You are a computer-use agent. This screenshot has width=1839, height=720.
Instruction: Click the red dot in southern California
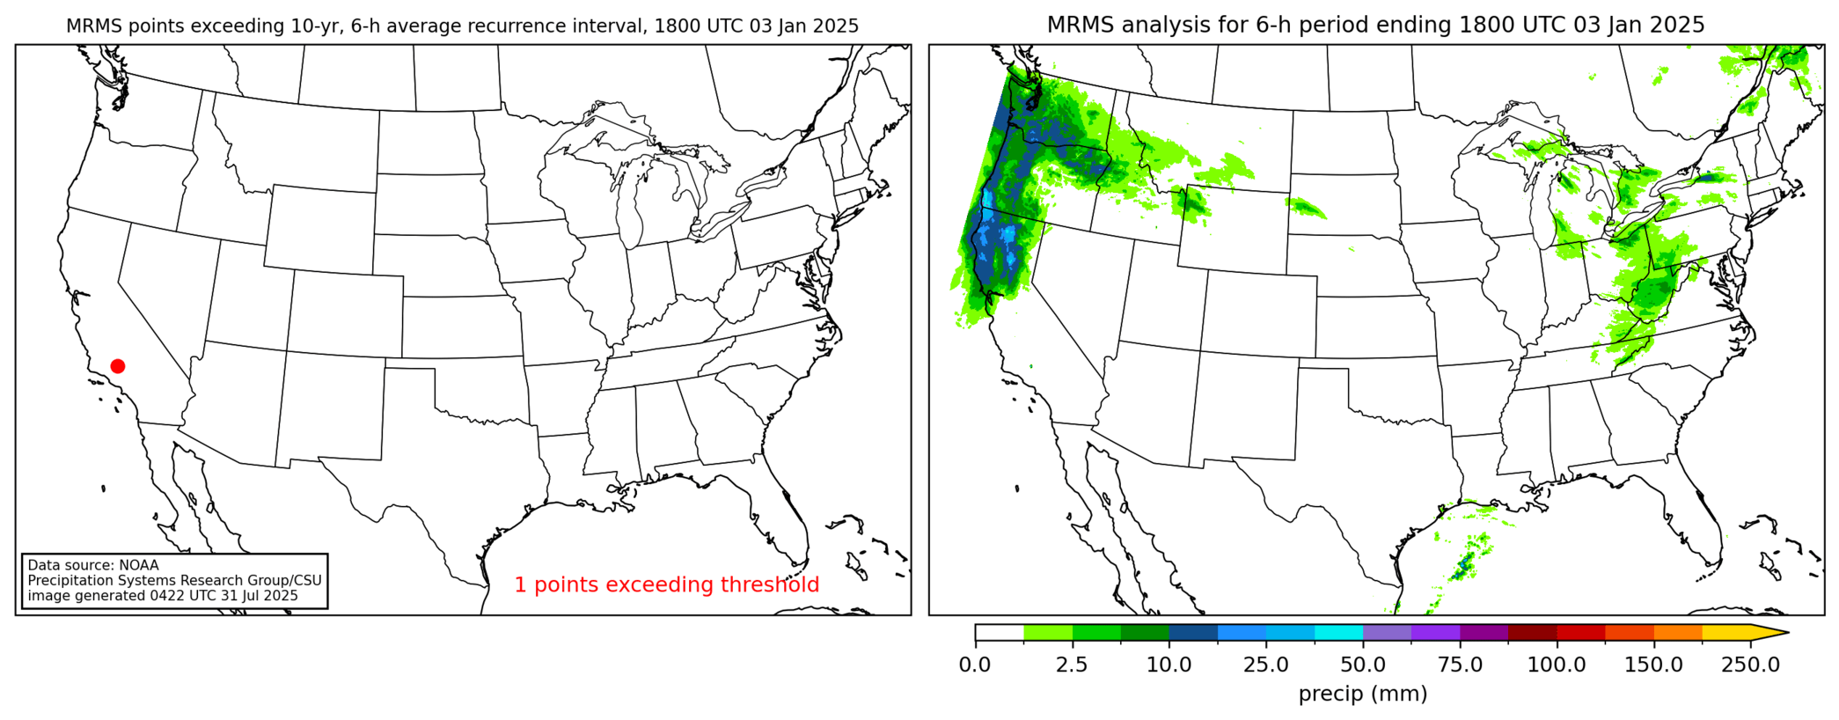tap(118, 366)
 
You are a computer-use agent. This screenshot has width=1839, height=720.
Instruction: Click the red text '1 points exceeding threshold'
tap(666, 584)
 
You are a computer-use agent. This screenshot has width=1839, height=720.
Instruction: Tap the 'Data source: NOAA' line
tap(93, 565)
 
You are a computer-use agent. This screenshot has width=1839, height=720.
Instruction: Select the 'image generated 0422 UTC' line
tap(163, 596)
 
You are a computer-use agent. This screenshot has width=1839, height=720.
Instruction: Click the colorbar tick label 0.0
tap(975, 665)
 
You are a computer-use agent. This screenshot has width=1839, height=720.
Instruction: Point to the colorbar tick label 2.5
tap(1072, 665)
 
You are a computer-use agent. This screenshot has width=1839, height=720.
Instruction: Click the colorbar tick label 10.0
tap(1169, 665)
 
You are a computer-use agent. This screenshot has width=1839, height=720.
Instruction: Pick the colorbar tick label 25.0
tap(1265, 665)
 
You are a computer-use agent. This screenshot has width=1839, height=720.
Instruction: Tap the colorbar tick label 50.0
tap(1363, 665)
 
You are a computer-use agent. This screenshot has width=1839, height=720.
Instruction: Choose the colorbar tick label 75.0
tap(1460, 665)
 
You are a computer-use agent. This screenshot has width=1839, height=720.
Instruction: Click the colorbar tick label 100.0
tap(1557, 665)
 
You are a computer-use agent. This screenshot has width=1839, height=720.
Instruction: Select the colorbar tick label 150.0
tap(1653, 665)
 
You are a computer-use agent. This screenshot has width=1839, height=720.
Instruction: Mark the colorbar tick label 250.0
tap(1750, 665)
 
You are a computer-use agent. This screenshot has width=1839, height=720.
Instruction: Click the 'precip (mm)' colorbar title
tap(1363, 694)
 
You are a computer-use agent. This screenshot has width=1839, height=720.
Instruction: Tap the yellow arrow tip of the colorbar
tap(1782, 632)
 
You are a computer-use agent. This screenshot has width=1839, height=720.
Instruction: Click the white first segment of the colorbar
tap(1000, 632)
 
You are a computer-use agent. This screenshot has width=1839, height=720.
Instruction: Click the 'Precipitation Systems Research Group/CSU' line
tap(174, 581)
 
